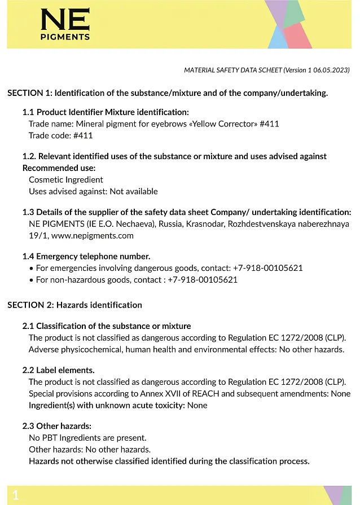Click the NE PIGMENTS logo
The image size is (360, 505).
pos(65,25)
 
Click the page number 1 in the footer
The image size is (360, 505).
pos(16,495)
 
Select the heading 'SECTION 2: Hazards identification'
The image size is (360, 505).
pos(74,305)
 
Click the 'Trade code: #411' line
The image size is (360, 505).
pos(60,135)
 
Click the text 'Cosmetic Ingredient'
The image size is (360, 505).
pos(66,179)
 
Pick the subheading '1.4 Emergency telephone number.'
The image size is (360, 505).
pos(86,256)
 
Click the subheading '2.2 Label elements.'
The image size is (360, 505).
pos(58,370)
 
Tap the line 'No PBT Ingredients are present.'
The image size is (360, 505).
pos(87,437)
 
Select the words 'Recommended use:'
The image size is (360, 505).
pos(59,168)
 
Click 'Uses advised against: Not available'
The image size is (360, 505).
pos(93,191)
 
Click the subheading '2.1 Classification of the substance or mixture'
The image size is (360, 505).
pos(107,326)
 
